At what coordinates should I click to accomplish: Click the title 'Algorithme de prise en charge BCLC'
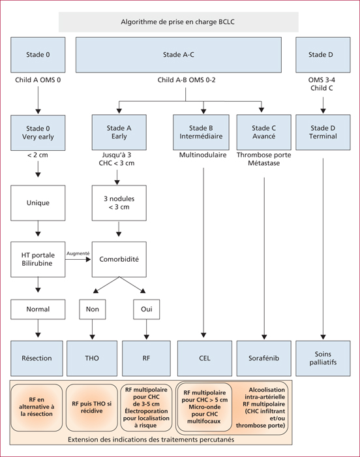pyautogui.click(x=177, y=22)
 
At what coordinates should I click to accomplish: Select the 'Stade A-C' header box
pyautogui.click(x=179, y=55)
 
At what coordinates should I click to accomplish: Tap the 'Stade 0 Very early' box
pyautogui.click(x=38, y=133)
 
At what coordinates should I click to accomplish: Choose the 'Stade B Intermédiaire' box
pyautogui.click(x=201, y=133)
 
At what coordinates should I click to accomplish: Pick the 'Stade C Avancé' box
pyautogui.click(x=264, y=133)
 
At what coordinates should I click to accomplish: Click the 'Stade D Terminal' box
pyautogui.click(x=323, y=133)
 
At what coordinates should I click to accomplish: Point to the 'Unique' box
pyautogui.click(x=38, y=203)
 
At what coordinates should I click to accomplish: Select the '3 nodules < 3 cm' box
pyautogui.click(x=119, y=203)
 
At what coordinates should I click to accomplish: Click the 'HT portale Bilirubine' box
pyautogui.click(x=38, y=259)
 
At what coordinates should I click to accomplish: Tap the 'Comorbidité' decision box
pyautogui.click(x=119, y=259)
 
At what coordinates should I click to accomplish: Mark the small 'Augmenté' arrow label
pyautogui.click(x=78, y=253)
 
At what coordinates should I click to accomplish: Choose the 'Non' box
pyautogui.click(x=93, y=309)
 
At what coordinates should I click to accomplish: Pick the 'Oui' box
pyautogui.click(x=147, y=309)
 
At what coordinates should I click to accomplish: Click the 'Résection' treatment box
pyautogui.click(x=37, y=358)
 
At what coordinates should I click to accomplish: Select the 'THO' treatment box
pyautogui.click(x=92, y=358)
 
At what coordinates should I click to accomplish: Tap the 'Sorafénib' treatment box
pyautogui.click(x=264, y=358)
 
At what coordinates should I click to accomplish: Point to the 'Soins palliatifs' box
pyautogui.click(x=323, y=358)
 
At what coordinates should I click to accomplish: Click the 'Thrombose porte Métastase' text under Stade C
pyautogui.click(x=264, y=159)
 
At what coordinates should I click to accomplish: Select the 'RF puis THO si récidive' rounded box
pyautogui.click(x=92, y=407)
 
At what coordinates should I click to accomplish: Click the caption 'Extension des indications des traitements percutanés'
pyautogui.click(x=151, y=439)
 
